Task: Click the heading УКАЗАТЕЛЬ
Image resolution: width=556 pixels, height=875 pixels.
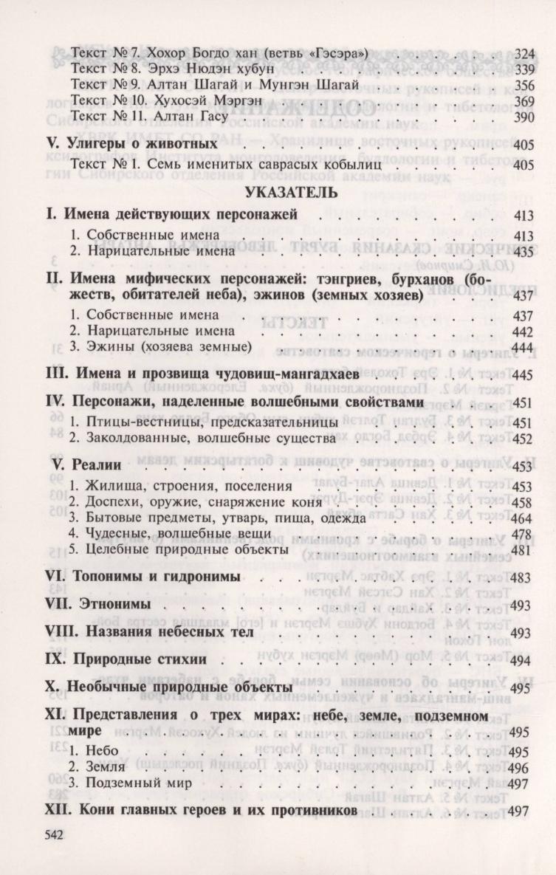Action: pyautogui.click(x=278, y=193)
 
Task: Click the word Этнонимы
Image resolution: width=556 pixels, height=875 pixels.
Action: pyautogui.click(x=120, y=605)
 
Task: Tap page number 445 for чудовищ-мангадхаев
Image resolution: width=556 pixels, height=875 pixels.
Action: pyautogui.click(x=521, y=376)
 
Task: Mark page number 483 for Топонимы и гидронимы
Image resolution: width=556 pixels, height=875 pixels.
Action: pyautogui.click(x=521, y=578)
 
